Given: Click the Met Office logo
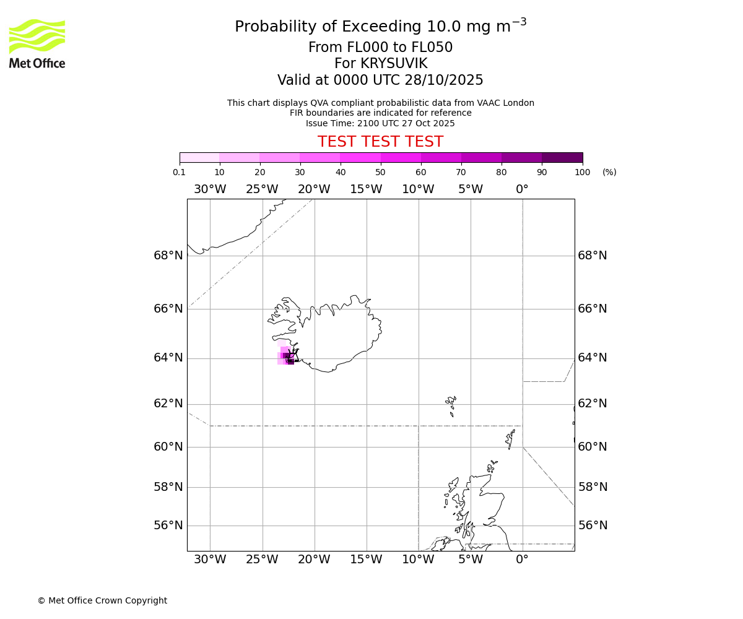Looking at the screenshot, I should [37, 43].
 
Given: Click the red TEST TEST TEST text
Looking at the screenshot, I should [380, 142].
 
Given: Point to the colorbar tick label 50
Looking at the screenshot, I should [380, 172].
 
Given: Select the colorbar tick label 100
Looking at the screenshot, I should [582, 172].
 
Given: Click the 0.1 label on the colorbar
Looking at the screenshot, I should [179, 172].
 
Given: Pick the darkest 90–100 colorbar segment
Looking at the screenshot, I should [562, 157].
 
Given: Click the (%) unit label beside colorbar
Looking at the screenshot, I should [609, 172].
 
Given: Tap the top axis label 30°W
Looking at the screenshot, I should [210, 189].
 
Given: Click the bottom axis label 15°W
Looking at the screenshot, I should [366, 560].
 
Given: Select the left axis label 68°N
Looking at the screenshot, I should [168, 256].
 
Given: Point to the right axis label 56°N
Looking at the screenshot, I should [593, 526].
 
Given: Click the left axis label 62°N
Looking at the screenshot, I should [168, 404].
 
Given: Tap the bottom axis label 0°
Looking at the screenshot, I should [522, 560].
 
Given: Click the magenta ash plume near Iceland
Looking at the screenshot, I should [286, 357].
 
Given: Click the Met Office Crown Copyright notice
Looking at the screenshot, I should [102, 600].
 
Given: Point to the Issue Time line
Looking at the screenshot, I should [380, 123].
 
